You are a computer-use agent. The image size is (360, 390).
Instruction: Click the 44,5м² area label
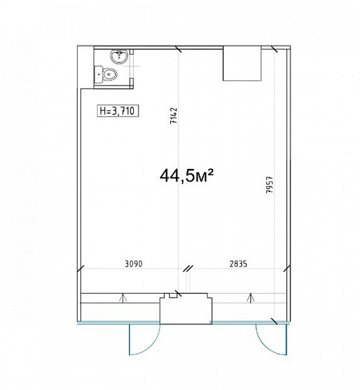pos(186,175)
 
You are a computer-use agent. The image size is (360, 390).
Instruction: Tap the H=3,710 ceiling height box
pos(118,111)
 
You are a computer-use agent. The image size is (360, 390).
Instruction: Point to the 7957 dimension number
pos(270,185)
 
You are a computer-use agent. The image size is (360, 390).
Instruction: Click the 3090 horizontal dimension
pos(134,264)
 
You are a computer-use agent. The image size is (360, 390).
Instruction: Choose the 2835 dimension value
pos(238,264)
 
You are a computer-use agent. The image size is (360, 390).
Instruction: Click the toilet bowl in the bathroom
pos(109,74)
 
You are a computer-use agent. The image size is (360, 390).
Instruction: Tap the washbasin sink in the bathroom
pos(119,57)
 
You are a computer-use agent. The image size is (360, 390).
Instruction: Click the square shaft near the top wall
pos(242,64)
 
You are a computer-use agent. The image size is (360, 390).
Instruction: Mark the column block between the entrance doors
pos(186,309)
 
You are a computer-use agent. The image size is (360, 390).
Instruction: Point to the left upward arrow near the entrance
pos(122,298)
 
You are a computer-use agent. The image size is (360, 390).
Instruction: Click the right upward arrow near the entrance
pos(251,298)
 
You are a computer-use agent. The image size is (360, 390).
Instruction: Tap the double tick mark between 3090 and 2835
pos(188,268)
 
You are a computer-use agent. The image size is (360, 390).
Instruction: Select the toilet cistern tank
pos(98,74)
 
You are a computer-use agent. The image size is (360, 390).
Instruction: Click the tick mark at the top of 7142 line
pos(179,49)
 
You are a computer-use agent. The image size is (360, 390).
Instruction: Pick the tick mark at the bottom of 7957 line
pos(274,321)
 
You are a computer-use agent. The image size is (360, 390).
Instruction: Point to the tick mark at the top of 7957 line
pos(274,49)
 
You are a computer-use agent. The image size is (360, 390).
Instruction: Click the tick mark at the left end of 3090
pos(81,269)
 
